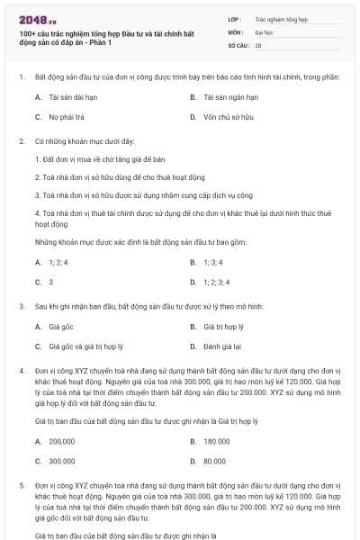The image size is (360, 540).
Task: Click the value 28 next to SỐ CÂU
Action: point(258,44)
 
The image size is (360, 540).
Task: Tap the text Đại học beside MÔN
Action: point(264,31)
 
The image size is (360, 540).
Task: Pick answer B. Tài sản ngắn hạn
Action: point(224,97)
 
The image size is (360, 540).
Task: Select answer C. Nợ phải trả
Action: point(62,117)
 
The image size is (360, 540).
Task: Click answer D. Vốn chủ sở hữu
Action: point(224,117)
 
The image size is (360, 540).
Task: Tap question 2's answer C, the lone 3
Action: point(50,282)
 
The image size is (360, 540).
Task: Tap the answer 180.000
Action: point(216,441)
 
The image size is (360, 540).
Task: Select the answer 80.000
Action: point(214,461)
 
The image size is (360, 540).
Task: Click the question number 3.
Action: point(21,307)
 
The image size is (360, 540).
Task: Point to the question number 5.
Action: point(21,486)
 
